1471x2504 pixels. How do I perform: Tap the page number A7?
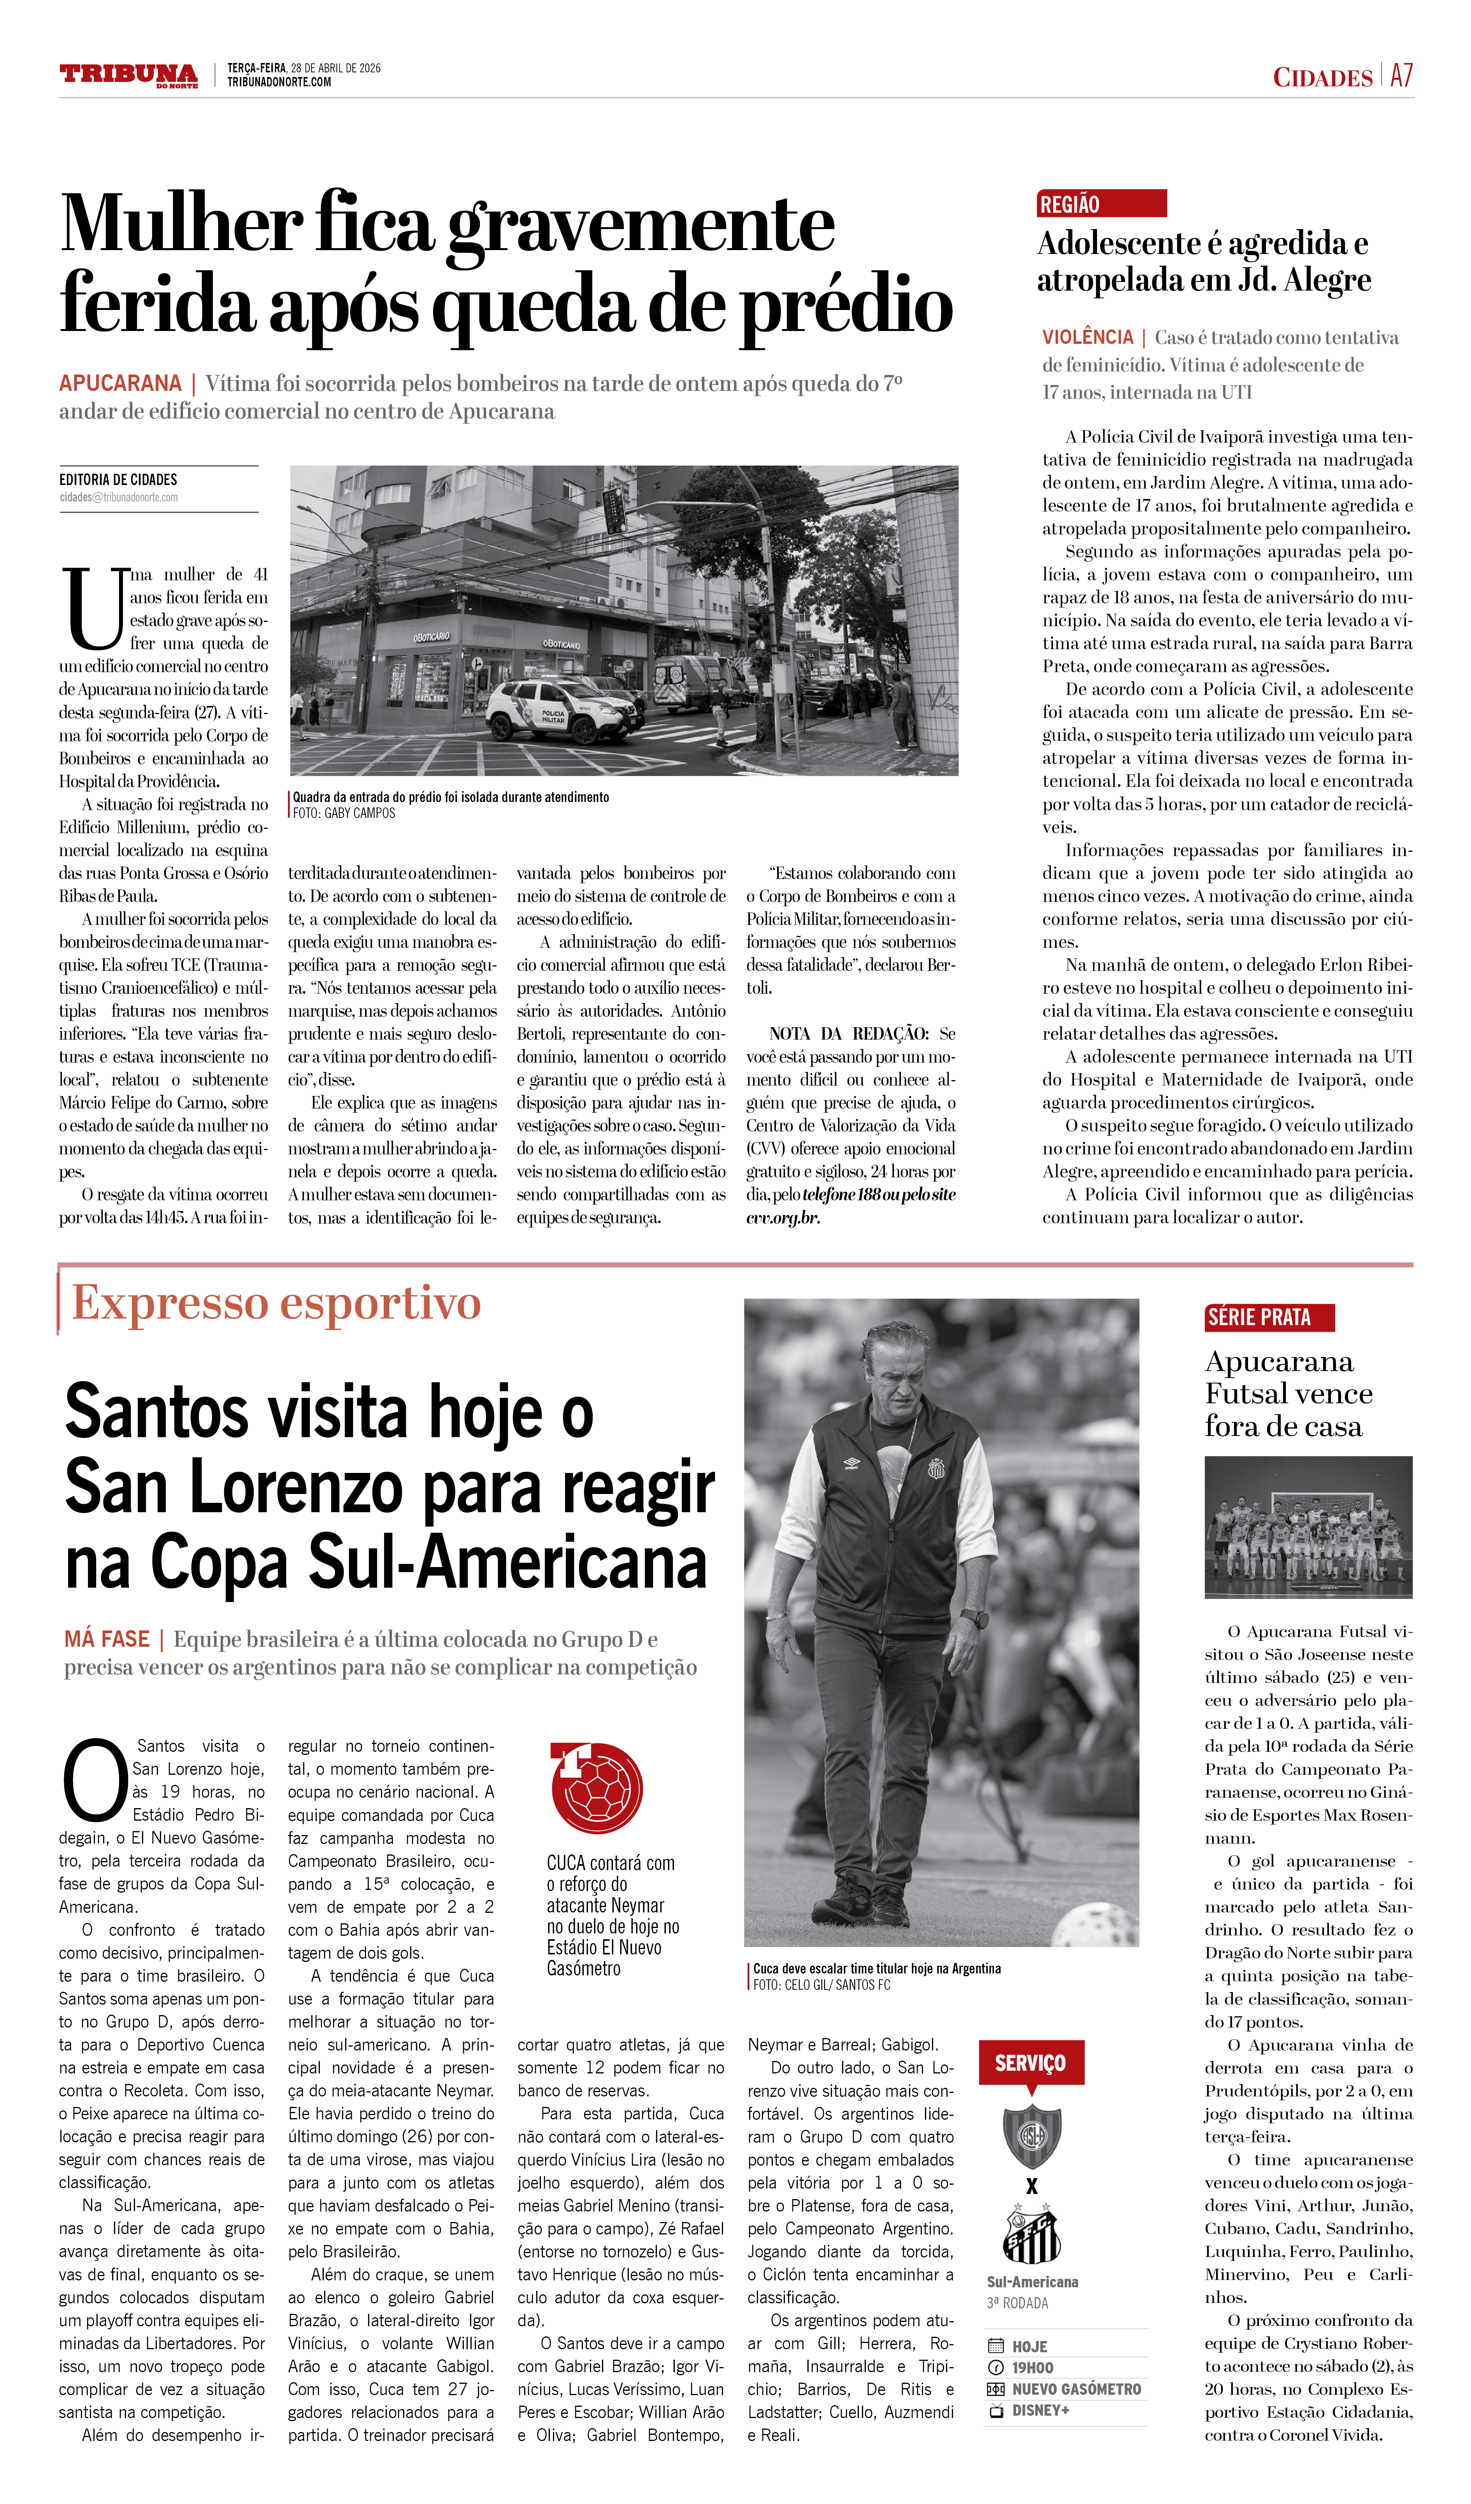pyautogui.click(x=1401, y=75)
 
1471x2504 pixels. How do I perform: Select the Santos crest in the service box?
pyautogui.click(x=1032, y=2236)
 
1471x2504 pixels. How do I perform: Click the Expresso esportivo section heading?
pyautogui.click(x=276, y=1304)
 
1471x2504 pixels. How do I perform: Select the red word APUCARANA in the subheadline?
pyautogui.click(x=120, y=383)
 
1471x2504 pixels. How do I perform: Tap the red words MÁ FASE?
pyautogui.click(x=107, y=1639)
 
